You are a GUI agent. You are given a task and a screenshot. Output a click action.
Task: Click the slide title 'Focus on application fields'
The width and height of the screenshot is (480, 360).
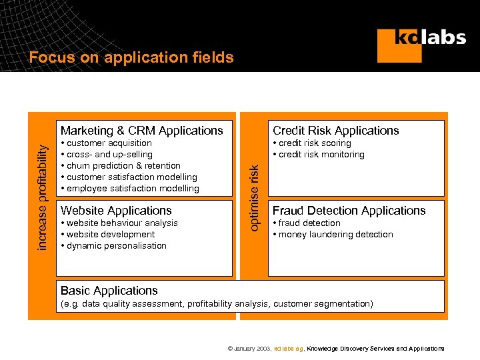(131, 58)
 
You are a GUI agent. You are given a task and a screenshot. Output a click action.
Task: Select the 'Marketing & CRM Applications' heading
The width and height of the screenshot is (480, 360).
(141, 131)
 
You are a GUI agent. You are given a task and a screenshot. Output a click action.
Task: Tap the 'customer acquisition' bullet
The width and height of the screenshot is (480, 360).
(109, 143)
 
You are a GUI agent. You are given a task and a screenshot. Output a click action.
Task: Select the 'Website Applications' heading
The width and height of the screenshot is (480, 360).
(116, 211)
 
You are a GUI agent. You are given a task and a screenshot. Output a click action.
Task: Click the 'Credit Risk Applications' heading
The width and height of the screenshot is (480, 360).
(336, 131)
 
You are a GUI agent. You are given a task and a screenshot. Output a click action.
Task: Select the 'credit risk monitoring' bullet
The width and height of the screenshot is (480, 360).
(321, 155)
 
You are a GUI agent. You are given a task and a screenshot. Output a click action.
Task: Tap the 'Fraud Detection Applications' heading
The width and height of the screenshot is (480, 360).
(349, 211)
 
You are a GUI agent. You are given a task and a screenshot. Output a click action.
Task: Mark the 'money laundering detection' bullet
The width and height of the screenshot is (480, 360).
(335, 235)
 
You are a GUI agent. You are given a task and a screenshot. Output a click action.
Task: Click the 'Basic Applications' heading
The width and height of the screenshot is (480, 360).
(109, 291)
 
